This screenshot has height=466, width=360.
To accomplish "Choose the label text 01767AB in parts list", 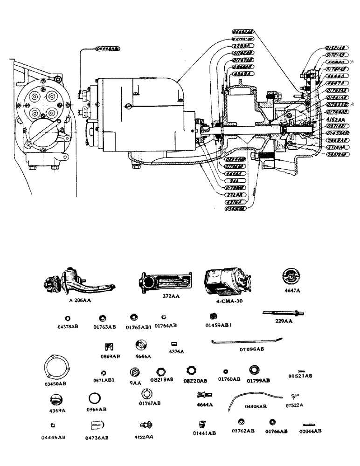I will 151,403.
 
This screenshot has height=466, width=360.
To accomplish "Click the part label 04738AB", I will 97,438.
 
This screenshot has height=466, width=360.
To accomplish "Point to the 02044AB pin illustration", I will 309,425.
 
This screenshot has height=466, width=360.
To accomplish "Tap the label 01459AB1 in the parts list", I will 216,326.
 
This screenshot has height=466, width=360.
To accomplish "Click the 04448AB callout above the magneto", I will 106,48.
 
